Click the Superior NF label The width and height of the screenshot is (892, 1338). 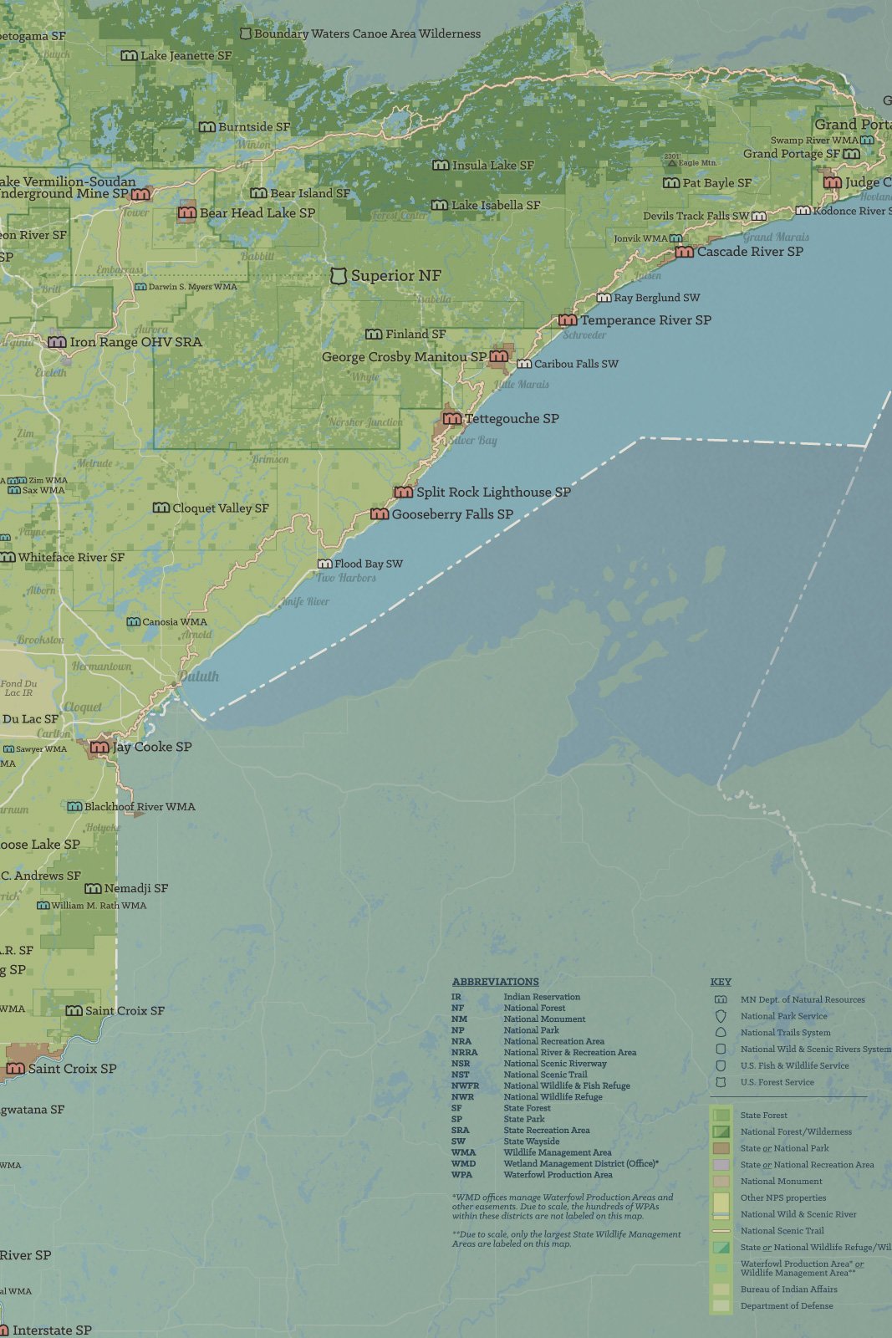coord(395,276)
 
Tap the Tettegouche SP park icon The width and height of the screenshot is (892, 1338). coord(452,418)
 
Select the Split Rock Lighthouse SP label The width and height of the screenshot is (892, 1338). coord(493,493)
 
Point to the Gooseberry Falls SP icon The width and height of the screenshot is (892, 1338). coord(380,514)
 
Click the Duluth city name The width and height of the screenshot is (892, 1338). coord(199,677)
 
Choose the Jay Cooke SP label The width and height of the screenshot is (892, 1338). coord(152,747)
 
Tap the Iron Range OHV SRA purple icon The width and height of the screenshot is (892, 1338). coord(57,342)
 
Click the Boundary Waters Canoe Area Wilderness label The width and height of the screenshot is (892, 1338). coord(367,34)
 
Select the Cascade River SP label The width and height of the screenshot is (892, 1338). coord(750,252)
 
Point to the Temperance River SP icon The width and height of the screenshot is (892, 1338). coord(568,320)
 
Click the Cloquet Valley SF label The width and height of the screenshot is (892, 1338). coord(221,508)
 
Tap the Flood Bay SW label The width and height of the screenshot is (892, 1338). coord(369,564)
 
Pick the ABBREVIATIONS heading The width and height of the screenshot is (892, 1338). coord(495,982)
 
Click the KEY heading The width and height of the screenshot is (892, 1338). coord(720,982)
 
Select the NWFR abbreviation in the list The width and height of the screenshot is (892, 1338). coord(465,1085)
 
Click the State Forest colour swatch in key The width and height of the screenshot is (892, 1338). coord(721,1115)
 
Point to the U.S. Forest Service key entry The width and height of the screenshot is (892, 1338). coord(777,1082)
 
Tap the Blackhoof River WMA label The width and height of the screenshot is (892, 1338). coord(140,807)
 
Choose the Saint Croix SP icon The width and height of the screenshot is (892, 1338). coord(16,1069)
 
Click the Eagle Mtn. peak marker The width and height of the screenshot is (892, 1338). coord(672,163)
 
